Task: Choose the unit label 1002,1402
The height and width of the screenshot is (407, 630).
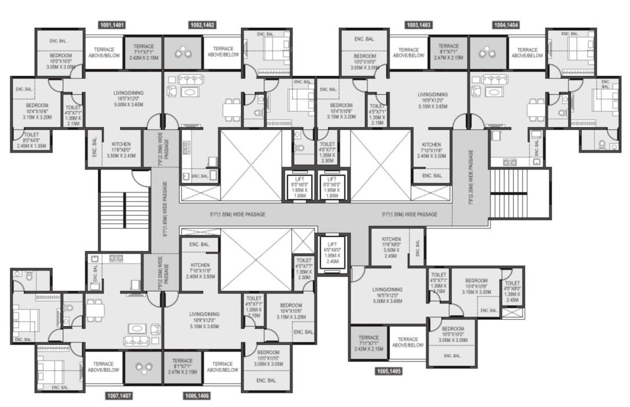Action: click(202, 25)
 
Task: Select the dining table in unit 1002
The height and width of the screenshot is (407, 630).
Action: click(231, 108)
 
